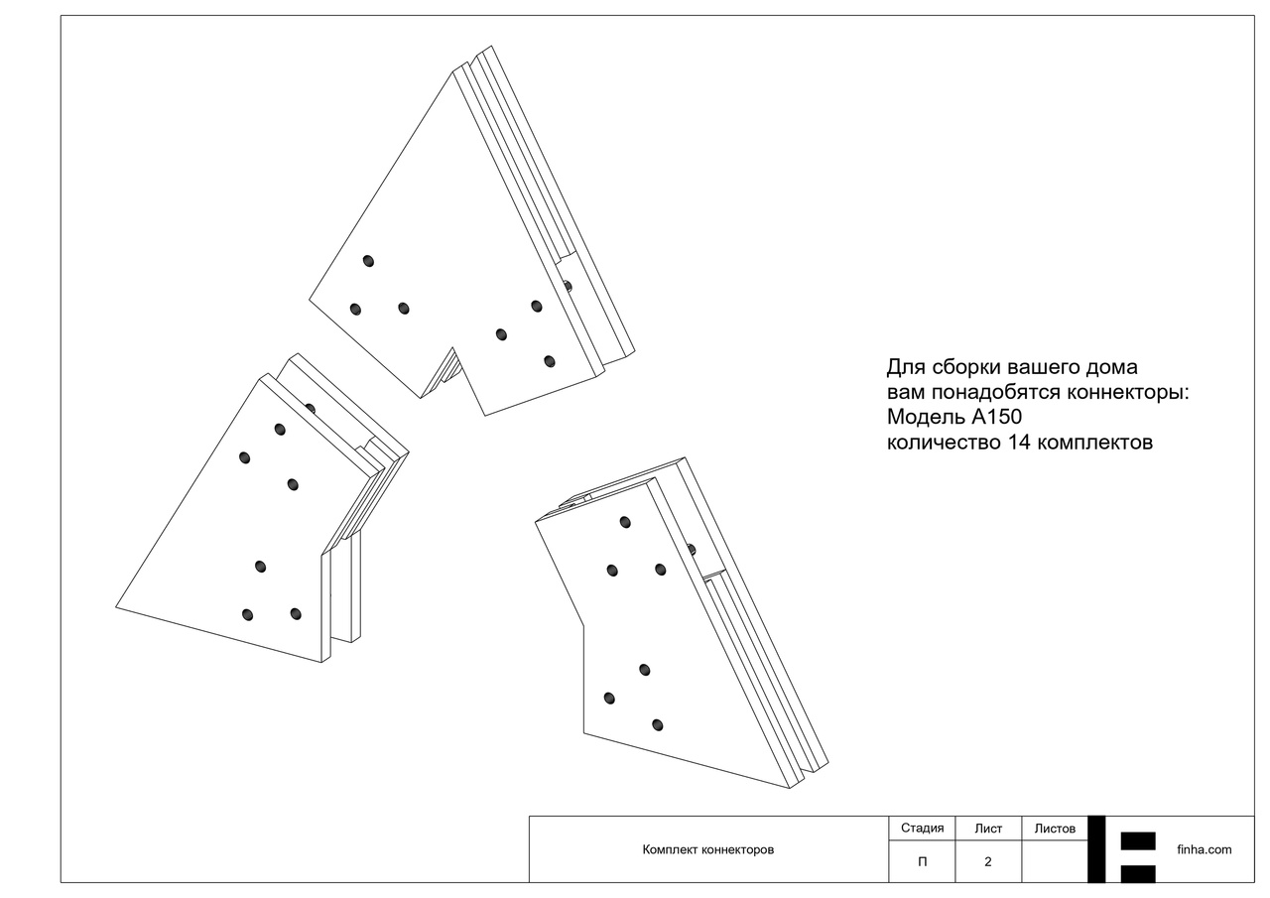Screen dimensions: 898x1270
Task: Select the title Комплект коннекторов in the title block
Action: pos(707,850)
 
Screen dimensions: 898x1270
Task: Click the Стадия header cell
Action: pos(922,829)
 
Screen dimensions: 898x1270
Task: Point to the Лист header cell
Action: pos(988,829)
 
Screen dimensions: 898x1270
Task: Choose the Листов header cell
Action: pos(1055,829)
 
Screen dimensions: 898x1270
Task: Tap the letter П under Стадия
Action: pos(922,862)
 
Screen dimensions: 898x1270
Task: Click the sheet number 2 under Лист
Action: pos(988,862)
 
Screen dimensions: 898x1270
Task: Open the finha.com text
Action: pos(1204,849)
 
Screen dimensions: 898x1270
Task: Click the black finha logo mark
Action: pos(1129,849)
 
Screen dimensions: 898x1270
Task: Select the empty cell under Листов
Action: pos(1055,862)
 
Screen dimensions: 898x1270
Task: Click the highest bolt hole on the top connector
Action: pos(368,261)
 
